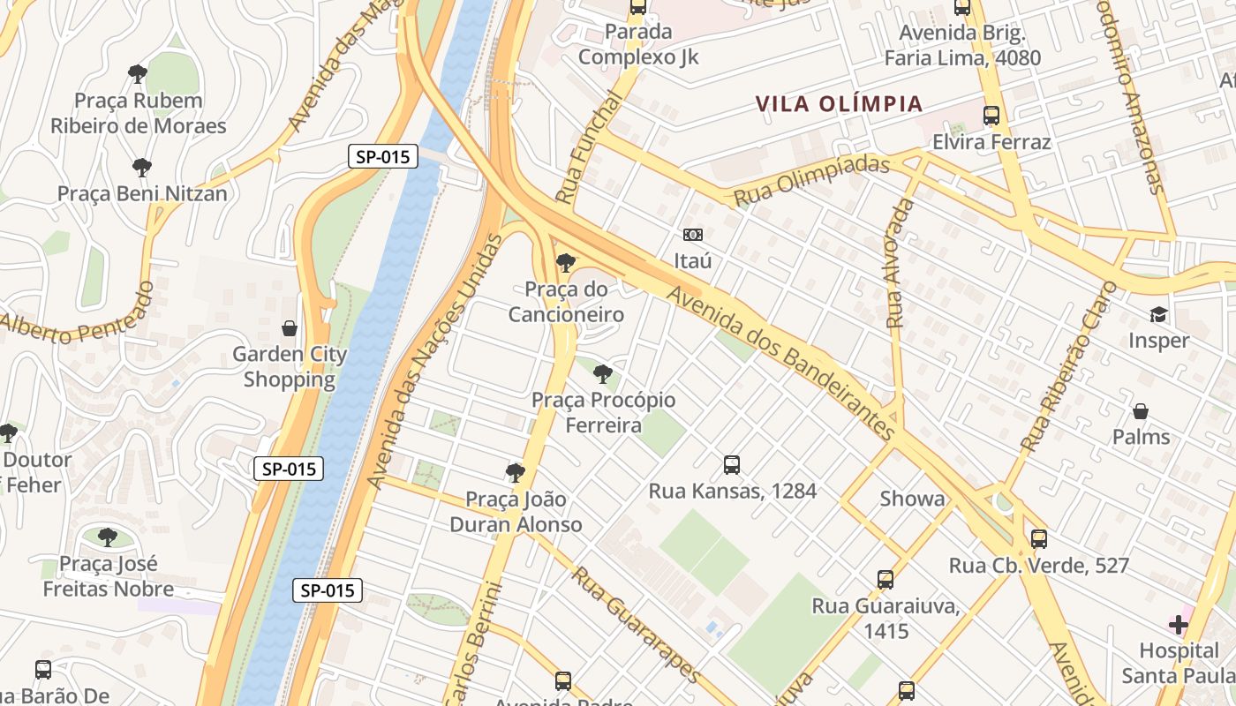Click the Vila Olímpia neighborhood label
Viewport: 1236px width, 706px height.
(x=839, y=104)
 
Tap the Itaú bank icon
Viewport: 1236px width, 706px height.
(x=693, y=235)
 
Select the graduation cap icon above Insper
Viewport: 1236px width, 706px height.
(x=1157, y=315)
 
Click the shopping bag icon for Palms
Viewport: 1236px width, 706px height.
(x=1141, y=411)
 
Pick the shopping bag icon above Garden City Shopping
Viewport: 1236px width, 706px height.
(x=289, y=329)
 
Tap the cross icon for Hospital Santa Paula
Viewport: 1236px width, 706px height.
(x=1179, y=626)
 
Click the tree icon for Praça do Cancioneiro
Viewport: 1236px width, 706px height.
(x=565, y=262)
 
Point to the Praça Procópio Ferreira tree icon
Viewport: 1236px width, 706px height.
(x=603, y=374)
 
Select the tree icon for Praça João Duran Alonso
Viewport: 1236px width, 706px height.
(x=516, y=473)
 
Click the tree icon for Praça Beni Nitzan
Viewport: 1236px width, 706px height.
(x=141, y=168)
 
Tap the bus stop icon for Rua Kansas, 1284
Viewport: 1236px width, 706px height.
(x=731, y=465)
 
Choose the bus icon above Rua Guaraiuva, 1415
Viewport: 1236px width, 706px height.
(x=886, y=580)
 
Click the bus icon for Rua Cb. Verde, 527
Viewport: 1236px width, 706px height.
(x=1039, y=539)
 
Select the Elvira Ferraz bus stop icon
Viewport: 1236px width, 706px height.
(x=991, y=116)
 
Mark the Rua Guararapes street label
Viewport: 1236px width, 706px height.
(x=636, y=625)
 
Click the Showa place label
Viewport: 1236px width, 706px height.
(x=912, y=499)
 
